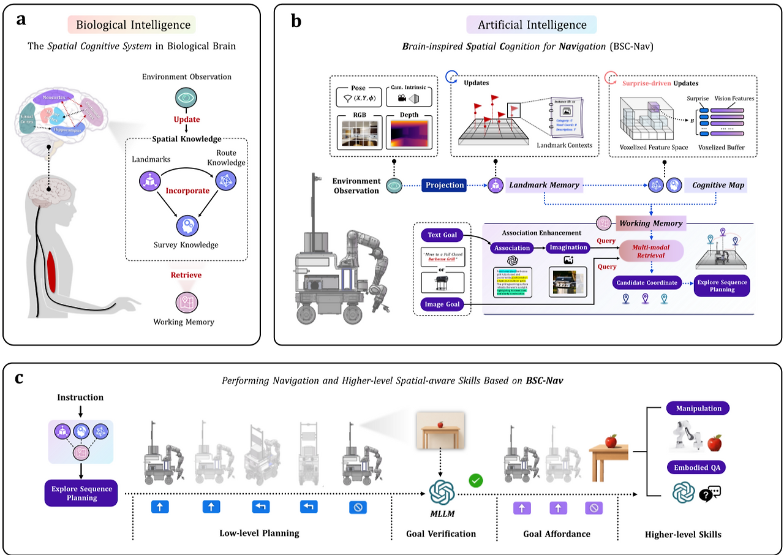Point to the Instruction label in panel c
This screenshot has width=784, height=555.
pos(81,398)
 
